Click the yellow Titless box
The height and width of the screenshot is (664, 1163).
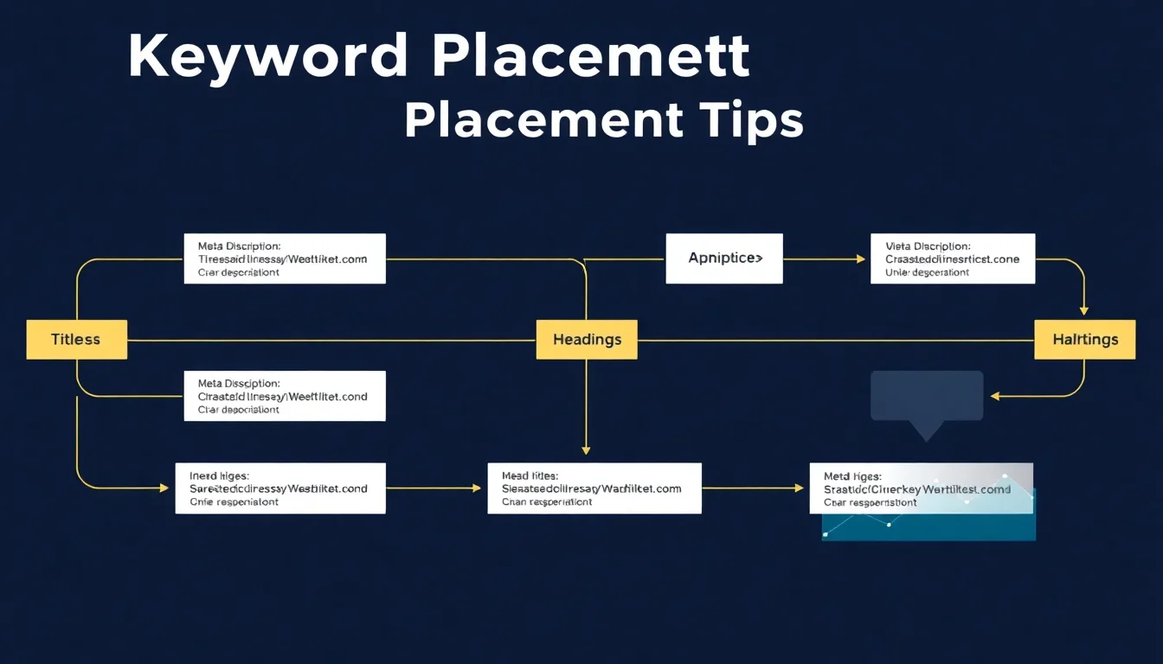pos(76,339)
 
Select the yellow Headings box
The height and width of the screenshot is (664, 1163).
pos(587,339)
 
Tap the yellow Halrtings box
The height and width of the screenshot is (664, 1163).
pos(1085,339)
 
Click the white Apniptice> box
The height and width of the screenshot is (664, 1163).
pos(724,258)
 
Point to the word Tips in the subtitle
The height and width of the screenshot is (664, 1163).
pos(751,121)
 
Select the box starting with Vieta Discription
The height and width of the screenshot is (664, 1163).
pos(953,258)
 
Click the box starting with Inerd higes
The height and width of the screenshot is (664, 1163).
pos(280,488)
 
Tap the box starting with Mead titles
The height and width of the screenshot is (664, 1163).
pos(594,488)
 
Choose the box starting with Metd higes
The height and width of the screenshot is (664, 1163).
pos(921,488)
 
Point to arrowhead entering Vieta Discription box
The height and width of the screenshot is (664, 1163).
pos(861,259)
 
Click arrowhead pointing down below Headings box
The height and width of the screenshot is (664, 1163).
pos(586,450)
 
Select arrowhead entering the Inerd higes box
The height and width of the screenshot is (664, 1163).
pos(164,488)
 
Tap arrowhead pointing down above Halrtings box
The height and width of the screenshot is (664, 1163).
pos(1084,310)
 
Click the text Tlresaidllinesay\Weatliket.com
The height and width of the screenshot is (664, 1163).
pos(282,259)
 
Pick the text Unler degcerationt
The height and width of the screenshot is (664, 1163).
pos(927,272)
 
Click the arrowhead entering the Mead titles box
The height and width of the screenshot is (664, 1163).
pos(476,488)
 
